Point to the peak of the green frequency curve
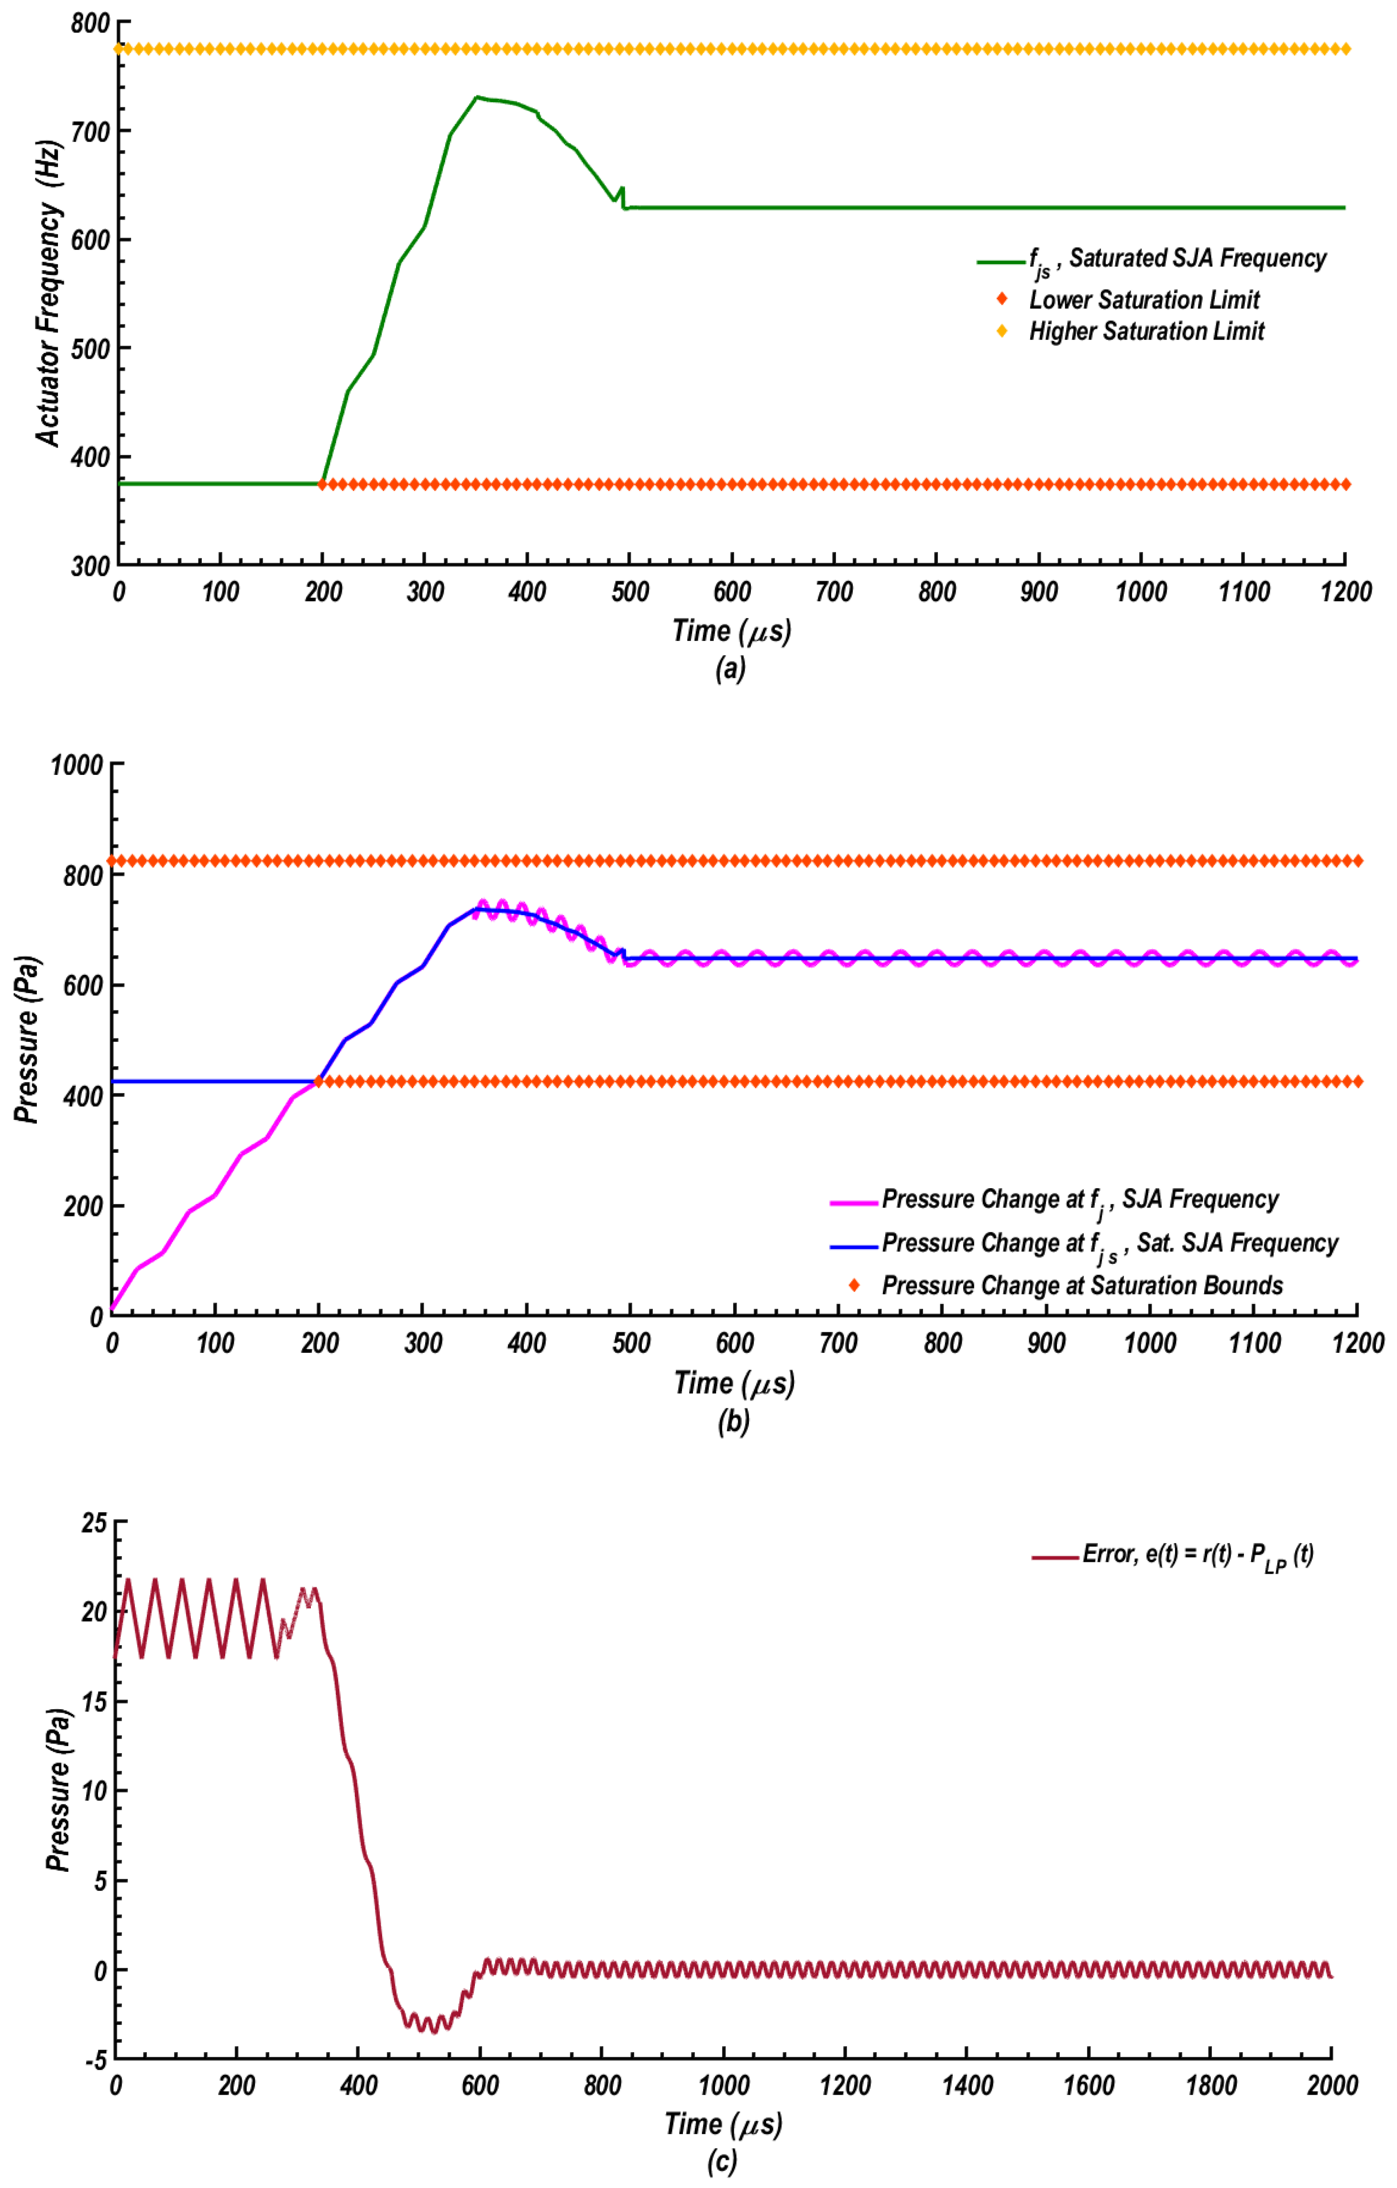[476, 96]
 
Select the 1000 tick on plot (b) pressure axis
[77, 765]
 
